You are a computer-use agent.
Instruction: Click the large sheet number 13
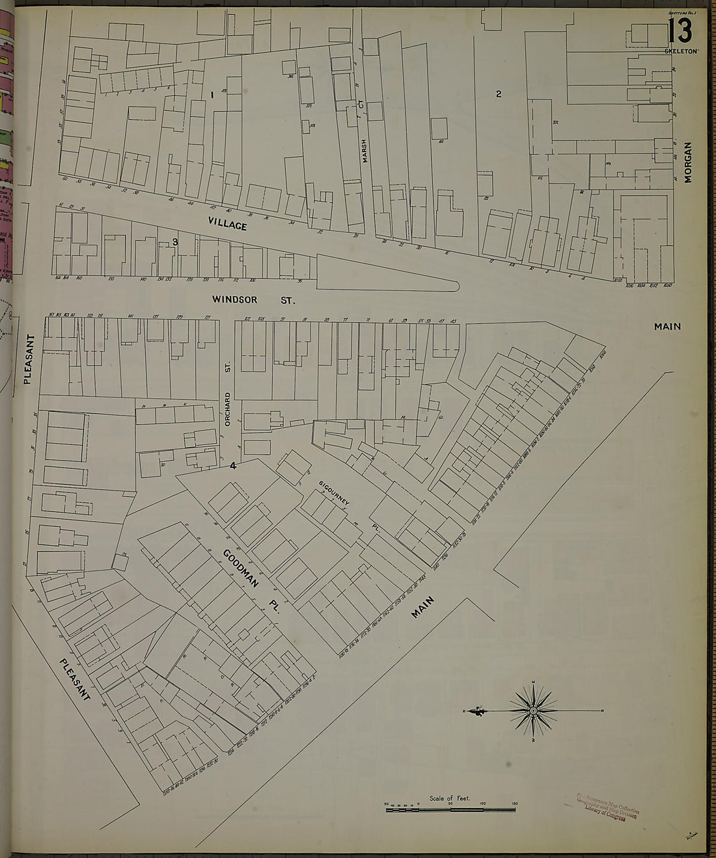tap(679, 30)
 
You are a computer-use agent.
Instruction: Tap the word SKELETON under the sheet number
tap(681, 51)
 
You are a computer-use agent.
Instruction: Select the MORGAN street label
tap(688, 162)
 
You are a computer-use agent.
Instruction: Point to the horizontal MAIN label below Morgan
tap(667, 327)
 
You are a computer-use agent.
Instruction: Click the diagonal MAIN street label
tap(423, 606)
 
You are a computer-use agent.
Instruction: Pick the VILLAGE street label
tap(228, 224)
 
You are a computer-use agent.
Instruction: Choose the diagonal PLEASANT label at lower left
tap(74, 680)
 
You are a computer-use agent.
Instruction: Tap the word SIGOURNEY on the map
tap(335, 494)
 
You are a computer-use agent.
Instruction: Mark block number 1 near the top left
tap(212, 95)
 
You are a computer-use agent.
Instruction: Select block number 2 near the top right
tap(499, 94)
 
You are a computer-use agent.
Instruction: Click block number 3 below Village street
tap(175, 242)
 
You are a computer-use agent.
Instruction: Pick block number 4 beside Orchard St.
tap(232, 465)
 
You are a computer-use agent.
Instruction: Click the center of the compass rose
tap(533, 711)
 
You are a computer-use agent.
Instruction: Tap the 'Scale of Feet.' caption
tap(450, 798)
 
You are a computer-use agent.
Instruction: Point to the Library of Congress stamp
tap(602, 807)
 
